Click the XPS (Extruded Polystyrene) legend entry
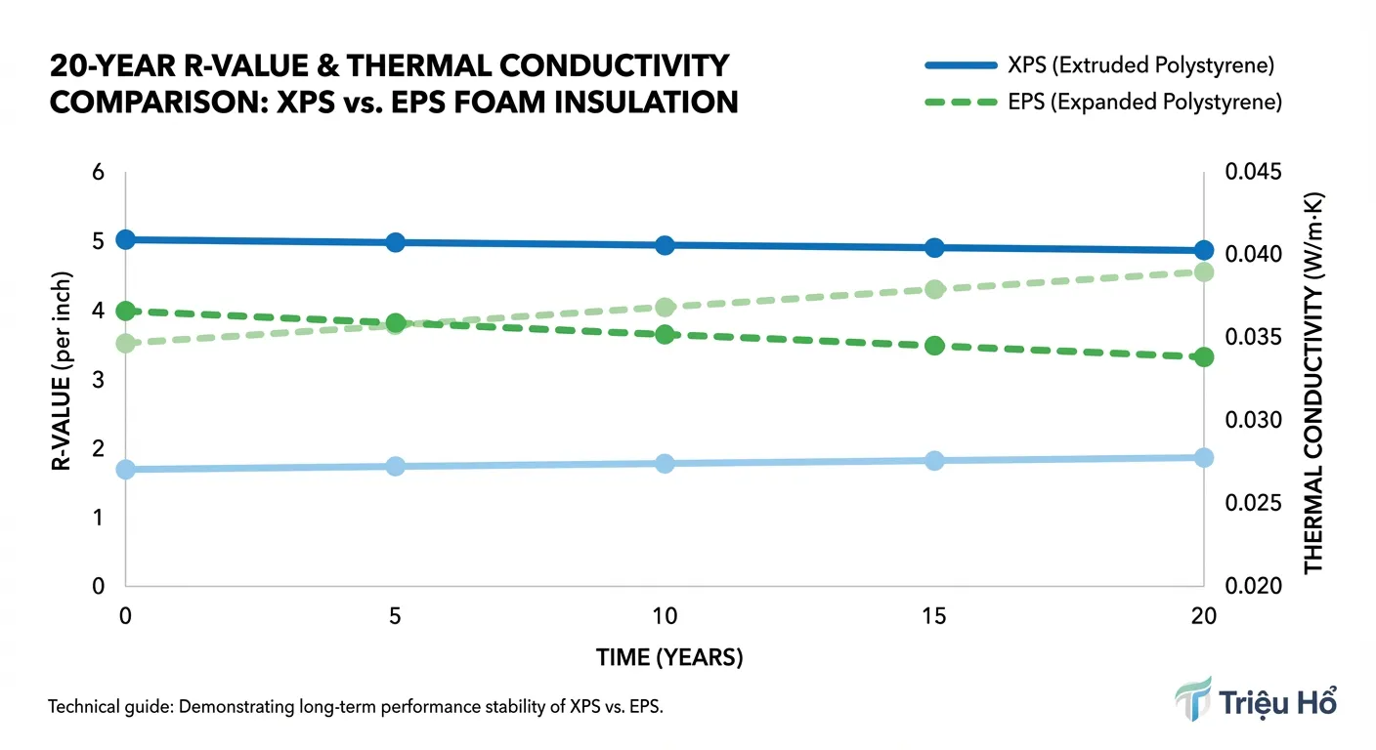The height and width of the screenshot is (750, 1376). click(1102, 66)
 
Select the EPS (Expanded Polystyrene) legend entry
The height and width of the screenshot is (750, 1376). click(1102, 102)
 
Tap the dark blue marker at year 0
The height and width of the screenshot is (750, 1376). click(125, 239)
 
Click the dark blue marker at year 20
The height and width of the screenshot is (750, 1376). click(1204, 251)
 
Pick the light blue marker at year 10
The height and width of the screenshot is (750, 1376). click(665, 463)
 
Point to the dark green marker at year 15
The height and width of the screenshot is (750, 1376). click(934, 346)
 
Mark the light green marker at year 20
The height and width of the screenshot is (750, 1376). click(1204, 271)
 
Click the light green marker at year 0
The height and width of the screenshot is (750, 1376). click(125, 344)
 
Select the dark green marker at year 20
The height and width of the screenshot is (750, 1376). click(1204, 357)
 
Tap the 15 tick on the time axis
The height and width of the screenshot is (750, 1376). click(934, 617)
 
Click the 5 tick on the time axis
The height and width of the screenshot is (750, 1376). click(396, 617)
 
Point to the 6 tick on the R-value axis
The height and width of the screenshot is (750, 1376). click(98, 171)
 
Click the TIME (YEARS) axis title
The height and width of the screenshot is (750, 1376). click(669, 658)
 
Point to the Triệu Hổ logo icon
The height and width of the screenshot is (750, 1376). click(1193, 699)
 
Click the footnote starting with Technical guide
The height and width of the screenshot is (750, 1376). click(356, 707)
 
